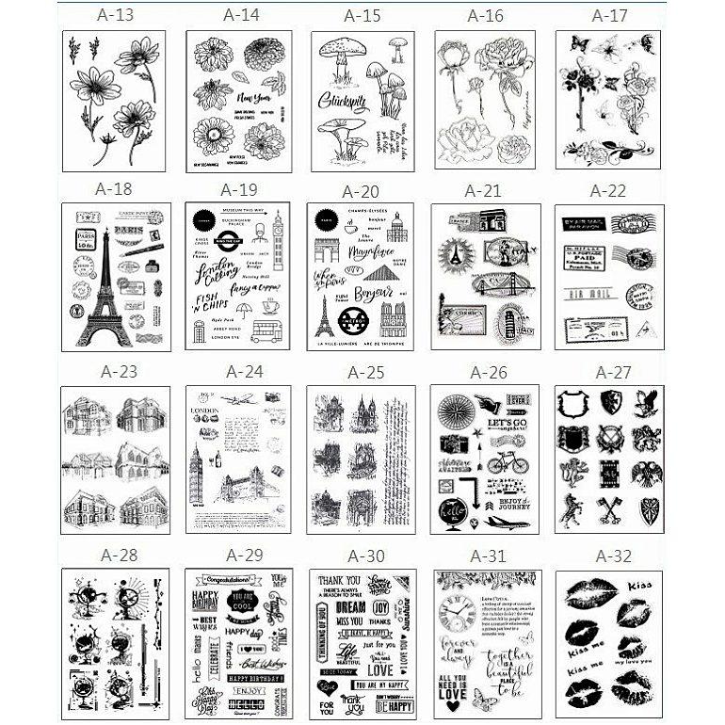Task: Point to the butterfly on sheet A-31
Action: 487,698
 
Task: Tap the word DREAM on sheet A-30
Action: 350,609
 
